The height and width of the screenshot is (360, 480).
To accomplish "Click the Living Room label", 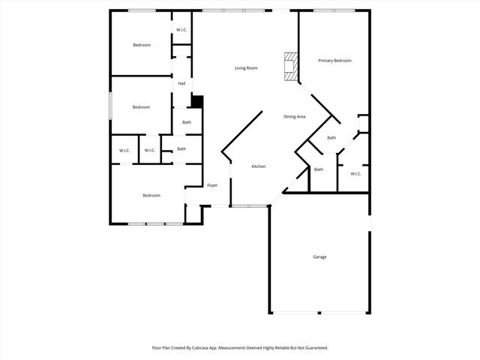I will (x=246, y=68).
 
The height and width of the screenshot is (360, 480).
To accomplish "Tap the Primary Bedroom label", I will (x=334, y=61).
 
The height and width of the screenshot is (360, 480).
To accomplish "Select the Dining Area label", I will (x=294, y=116).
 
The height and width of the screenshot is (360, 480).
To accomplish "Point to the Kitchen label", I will (x=258, y=166).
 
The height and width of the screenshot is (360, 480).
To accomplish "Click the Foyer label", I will (x=212, y=184).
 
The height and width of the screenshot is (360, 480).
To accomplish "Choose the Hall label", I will (x=181, y=83).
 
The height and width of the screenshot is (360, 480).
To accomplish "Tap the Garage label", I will (x=319, y=257).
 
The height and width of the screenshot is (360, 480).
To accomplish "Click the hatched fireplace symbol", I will (x=289, y=65).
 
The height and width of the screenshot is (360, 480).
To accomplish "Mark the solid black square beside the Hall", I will (x=197, y=101).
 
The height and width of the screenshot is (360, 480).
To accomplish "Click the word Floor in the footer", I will (x=157, y=348).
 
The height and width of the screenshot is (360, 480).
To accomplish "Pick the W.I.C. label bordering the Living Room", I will (x=181, y=30).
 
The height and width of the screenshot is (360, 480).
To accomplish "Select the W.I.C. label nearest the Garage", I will (x=355, y=174).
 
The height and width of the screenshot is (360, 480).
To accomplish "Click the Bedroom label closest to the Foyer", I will (x=151, y=196).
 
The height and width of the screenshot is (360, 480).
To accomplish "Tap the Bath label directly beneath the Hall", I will (x=187, y=122).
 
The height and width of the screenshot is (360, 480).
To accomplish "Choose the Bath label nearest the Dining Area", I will (x=331, y=138).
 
